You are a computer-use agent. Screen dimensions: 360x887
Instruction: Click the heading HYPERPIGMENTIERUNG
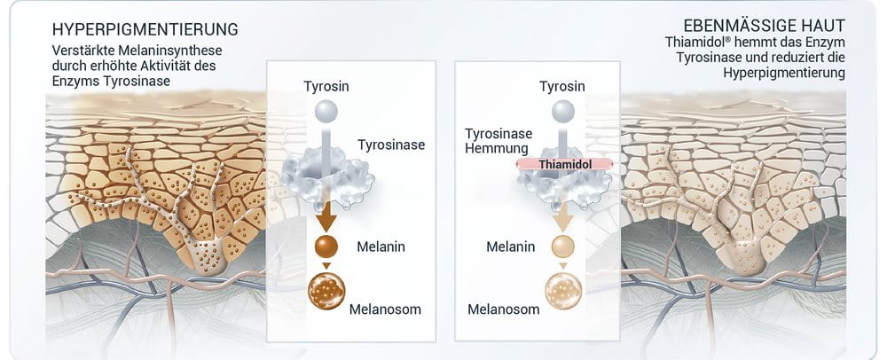coord(145,29)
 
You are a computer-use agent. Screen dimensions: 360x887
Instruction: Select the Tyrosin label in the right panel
coord(562,86)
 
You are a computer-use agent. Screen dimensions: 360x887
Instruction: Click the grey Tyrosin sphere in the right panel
coord(562,112)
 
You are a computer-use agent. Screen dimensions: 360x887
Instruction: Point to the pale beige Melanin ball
coord(562,247)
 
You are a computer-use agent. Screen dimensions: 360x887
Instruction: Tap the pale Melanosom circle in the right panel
coord(562,291)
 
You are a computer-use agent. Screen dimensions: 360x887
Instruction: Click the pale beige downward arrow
coord(562,216)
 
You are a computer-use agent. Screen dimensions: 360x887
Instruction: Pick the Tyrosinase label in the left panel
coord(391,145)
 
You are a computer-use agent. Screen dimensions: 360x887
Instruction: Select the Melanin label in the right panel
coord(510,247)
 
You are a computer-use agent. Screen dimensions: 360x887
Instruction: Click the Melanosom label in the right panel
coord(504,309)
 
